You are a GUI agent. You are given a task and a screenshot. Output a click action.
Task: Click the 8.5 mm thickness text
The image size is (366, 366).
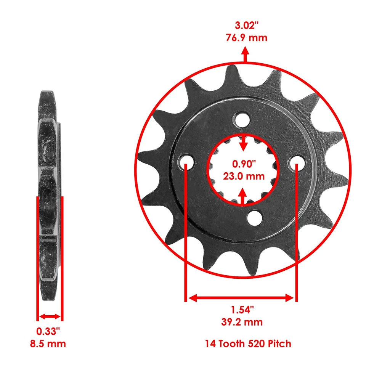click(48, 344)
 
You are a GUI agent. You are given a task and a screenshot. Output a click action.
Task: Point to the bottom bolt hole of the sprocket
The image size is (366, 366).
click(254, 217)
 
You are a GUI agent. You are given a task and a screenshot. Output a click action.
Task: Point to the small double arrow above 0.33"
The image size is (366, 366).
click(50, 316)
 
